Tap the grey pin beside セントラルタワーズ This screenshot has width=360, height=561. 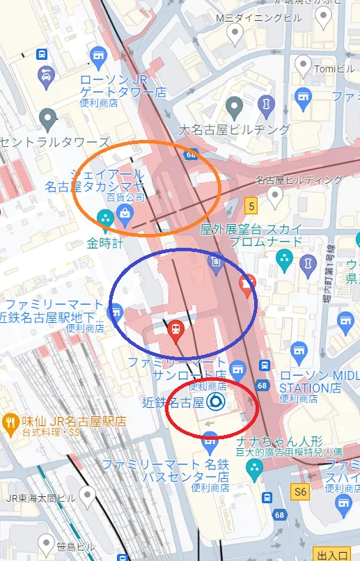coord(48,120)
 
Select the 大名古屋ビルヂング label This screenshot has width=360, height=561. coord(234,129)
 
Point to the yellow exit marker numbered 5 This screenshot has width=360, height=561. coord(251,206)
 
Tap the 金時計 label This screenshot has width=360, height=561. coord(105,244)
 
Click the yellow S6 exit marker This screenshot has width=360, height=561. coord(299,491)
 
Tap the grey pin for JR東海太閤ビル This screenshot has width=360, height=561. coord(87,495)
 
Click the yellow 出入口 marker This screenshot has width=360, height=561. coord(331,554)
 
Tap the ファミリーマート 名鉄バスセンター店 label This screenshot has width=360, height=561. coord(166,470)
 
